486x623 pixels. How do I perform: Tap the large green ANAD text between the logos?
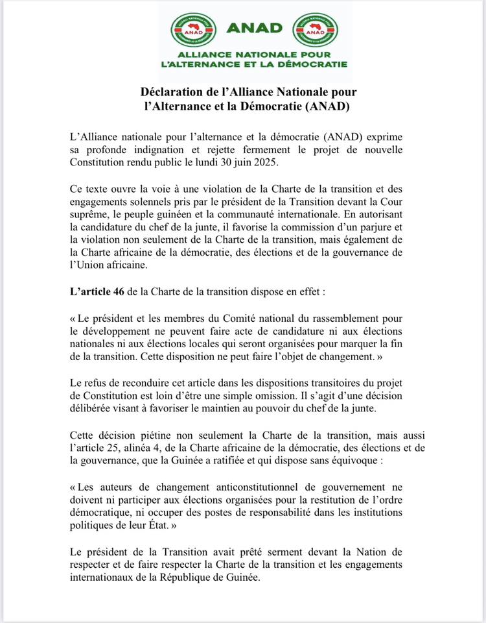255,27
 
